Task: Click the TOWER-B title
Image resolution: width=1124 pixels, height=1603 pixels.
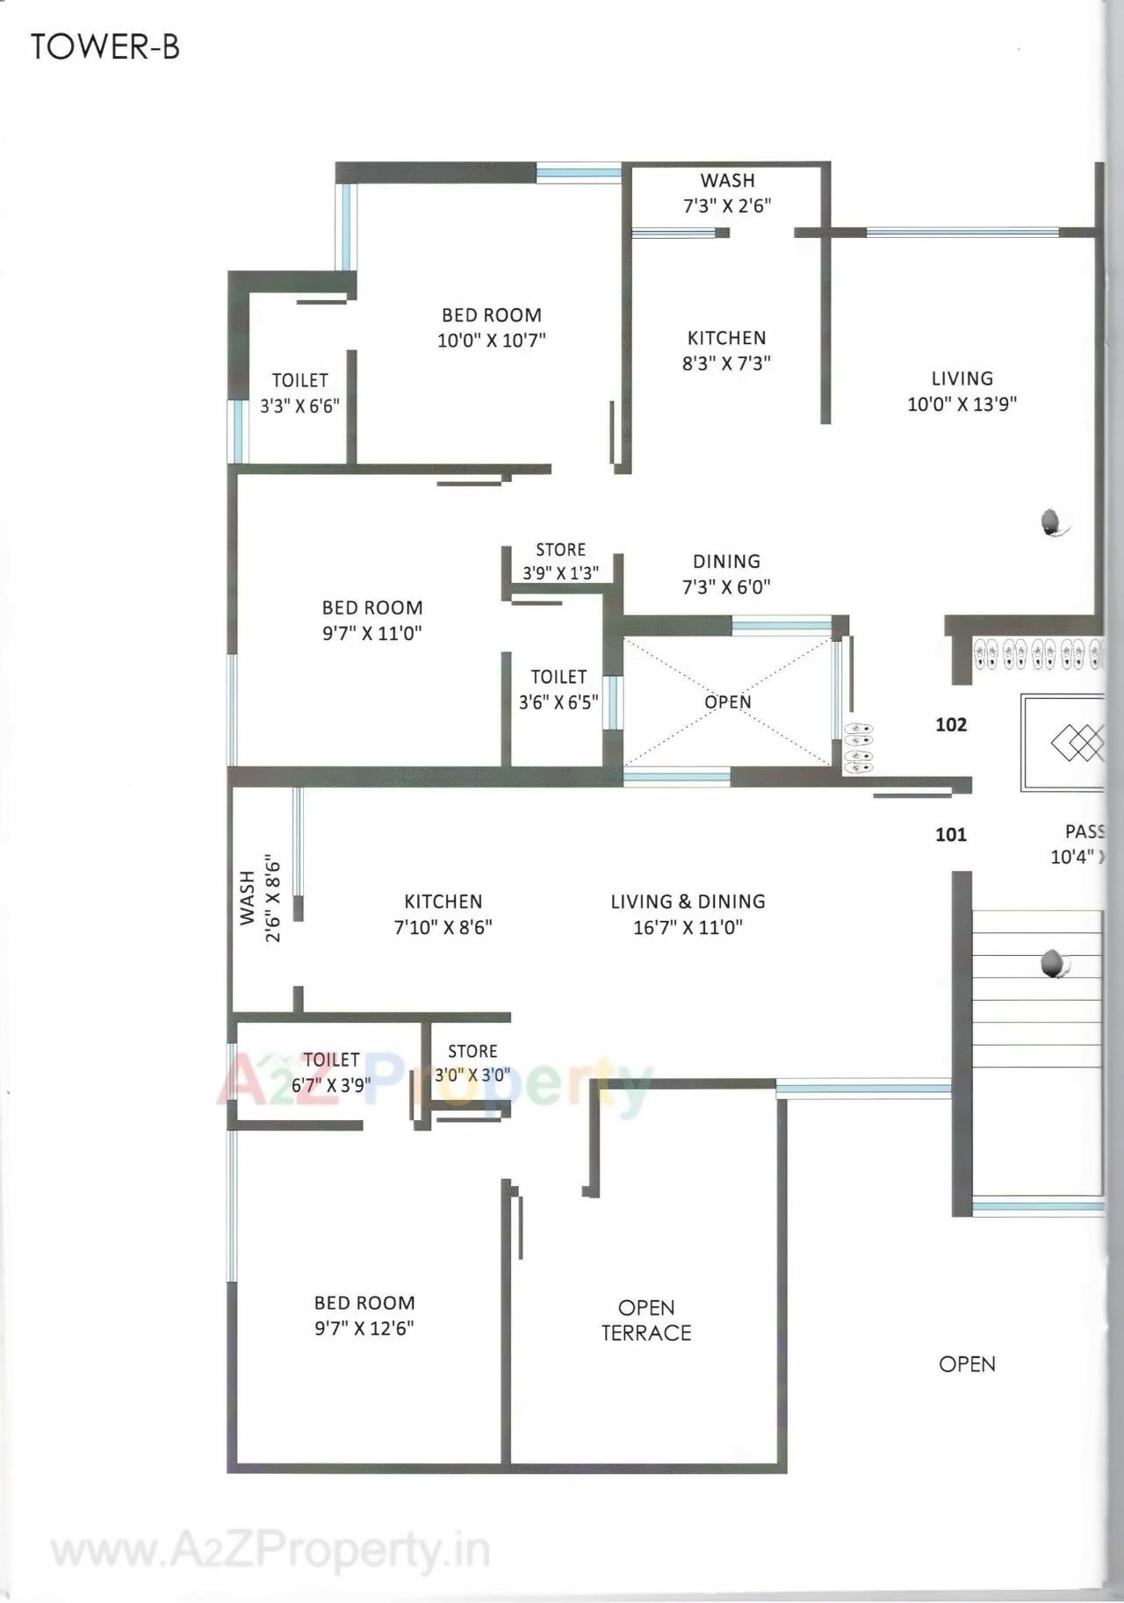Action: [105, 46]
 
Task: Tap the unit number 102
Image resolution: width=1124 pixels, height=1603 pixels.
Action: [951, 725]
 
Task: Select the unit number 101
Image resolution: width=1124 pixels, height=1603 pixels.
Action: [951, 835]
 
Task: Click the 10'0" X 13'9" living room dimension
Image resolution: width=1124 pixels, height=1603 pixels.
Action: [962, 404]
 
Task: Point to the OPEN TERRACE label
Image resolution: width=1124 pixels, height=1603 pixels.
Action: [646, 1320]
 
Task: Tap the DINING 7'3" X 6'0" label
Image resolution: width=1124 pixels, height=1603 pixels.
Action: [726, 574]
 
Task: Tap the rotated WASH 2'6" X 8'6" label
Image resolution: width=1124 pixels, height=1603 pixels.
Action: [261, 898]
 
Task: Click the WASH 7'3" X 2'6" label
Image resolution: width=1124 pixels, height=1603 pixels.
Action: [727, 193]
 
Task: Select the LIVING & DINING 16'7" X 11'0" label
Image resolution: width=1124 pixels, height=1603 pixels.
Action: [688, 914]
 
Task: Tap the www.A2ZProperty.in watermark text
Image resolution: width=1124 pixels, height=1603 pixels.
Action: [270, 1552]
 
